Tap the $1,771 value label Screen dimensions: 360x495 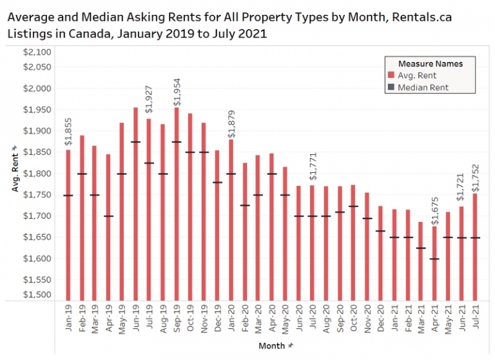(x=313, y=169)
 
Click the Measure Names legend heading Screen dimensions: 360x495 (x=430, y=64)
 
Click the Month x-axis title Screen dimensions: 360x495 (x=271, y=346)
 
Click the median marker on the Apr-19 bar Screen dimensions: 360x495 (x=109, y=216)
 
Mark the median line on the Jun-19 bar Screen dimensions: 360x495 (x=136, y=142)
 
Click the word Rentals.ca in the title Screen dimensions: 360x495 (x=420, y=17)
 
